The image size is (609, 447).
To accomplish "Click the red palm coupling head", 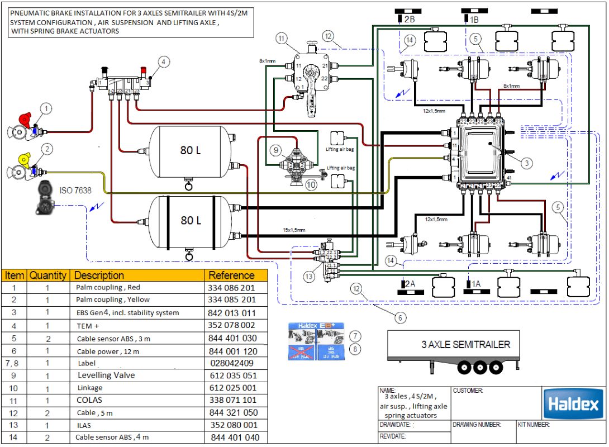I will click(24, 118).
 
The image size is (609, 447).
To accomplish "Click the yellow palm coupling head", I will click(24, 159).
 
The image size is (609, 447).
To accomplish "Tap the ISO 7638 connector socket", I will click(43, 198).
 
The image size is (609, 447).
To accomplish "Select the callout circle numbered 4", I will click(163, 61).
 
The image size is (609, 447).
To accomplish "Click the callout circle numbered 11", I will click(281, 38).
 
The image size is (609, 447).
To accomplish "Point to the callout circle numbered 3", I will click(526, 163).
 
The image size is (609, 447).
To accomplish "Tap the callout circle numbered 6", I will click(400, 317).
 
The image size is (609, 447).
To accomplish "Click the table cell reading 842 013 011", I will click(232, 313).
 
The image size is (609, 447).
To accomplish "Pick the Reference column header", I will click(231, 275).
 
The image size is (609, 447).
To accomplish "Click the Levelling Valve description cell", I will click(106, 375).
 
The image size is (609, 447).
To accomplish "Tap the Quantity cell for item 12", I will click(47, 413).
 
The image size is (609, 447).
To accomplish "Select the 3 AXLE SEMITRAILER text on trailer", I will click(465, 344).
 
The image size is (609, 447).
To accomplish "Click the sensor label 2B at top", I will click(409, 19).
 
